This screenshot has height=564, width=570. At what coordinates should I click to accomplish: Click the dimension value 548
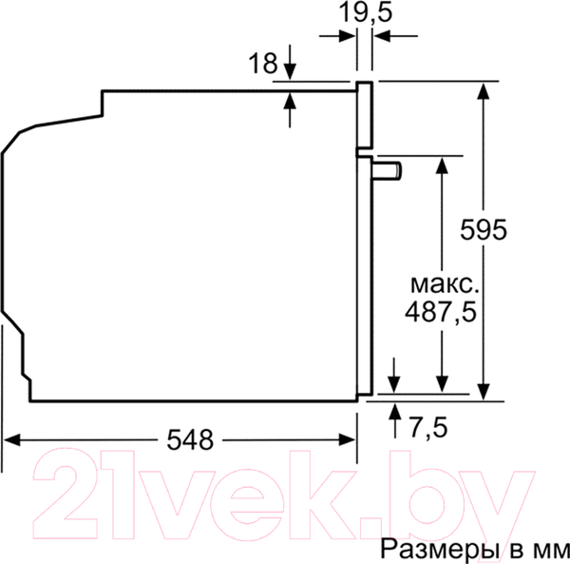click(190, 439)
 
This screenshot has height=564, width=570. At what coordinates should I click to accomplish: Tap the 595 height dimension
click(484, 229)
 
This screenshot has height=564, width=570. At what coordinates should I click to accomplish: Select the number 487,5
click(440, 312)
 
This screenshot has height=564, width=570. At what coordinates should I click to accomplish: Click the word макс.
click(445, 285)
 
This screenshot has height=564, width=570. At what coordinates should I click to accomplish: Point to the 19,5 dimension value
click(366, 13)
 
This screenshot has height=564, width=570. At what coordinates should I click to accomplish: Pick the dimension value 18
click(262, 63)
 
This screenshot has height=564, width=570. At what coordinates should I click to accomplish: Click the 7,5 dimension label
click(428, 427)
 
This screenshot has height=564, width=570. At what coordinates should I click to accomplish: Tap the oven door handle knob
click(387, 171)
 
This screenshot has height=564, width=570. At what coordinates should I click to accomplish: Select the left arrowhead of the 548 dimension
click(11, 439)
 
